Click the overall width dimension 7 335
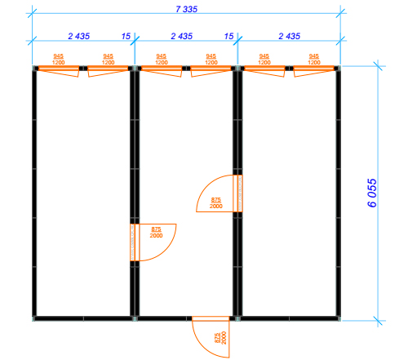point(187,9)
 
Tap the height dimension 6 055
point(372,193)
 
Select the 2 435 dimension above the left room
point(79,36)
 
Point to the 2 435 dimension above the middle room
point(182,36)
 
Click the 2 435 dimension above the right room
point(290,36)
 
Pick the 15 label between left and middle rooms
point(126,36)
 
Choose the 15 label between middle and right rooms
point(228,36)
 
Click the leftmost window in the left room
point(59,70)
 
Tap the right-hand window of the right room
point(314,70)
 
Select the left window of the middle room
point(162,70)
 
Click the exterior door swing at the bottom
point(211,336)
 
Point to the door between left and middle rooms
point(153,242)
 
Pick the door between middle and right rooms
point(220,193)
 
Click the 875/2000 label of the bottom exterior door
point(220,338)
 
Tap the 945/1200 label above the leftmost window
point(59,60)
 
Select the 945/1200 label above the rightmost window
point(314,60)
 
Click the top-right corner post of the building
point(338,68)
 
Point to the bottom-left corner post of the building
point(34,318)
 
